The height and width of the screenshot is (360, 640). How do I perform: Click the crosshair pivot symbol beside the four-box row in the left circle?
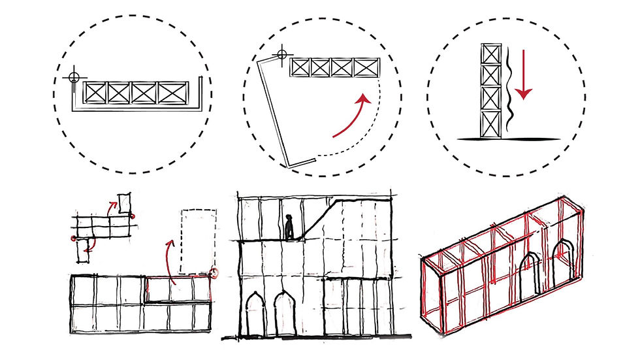pyautogui.click(x=74, y=76)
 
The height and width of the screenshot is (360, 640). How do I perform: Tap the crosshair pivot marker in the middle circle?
pyautogui.click(x=281, y=52)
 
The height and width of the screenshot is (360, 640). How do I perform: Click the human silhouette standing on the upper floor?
pyautogui.click(x=289, y=227)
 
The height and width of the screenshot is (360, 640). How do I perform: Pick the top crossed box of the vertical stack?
pyautogui.click(x=488, y=54)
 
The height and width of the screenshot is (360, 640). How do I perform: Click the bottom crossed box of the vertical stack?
pyautogui.click(x=488, y=123)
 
